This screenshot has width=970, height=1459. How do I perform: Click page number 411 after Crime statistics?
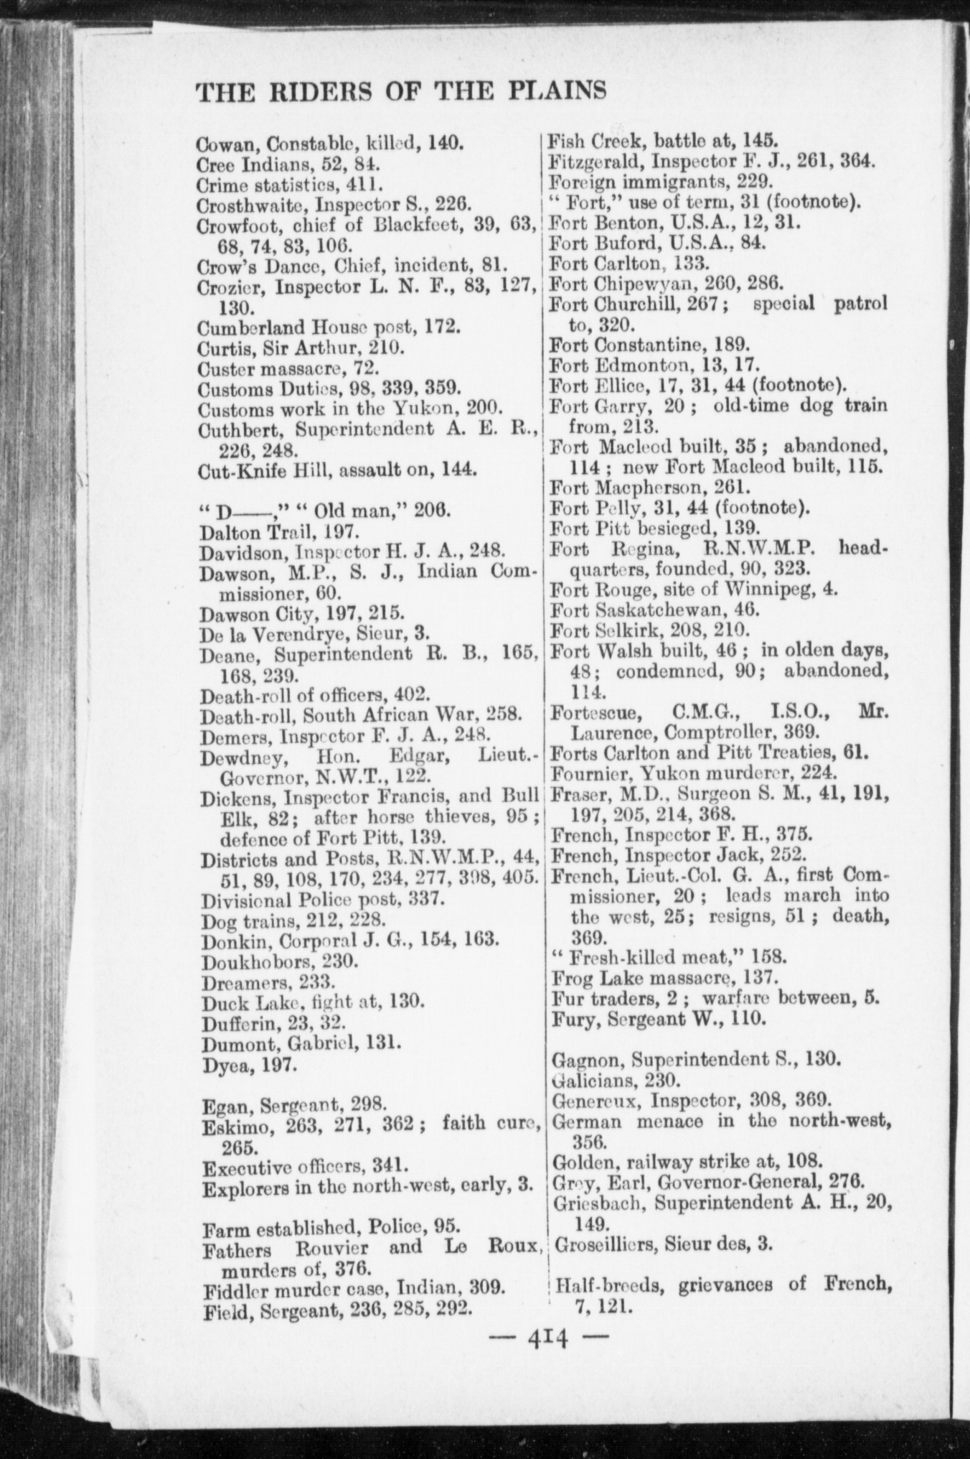(x=366, y=185)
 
